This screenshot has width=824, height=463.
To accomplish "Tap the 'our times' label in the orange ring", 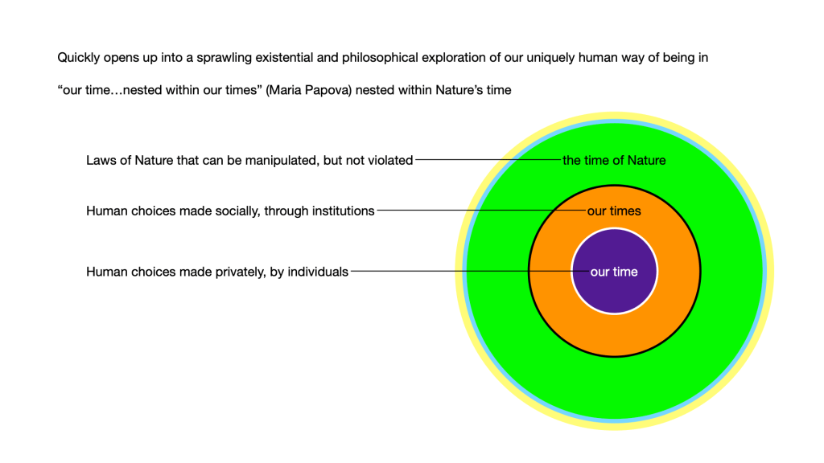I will pyautogui.click(x=614, y=211).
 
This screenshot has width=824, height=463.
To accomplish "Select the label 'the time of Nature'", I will pyautogui.click(x=614, y=160).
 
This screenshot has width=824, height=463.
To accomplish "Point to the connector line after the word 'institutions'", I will pyautogui.click(x=475, y=211).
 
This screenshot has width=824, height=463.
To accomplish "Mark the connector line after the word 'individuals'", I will pyautogui.click(x=459, y=271).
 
